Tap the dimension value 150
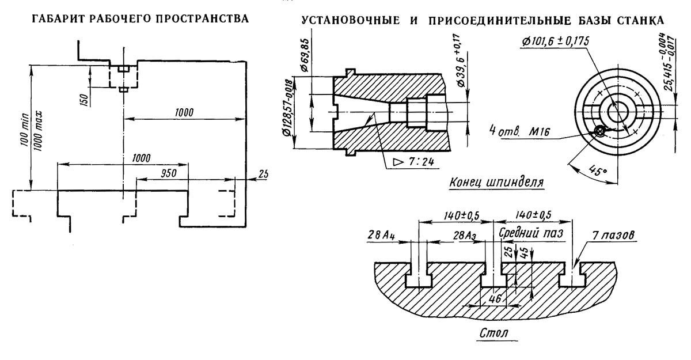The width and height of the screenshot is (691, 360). (x=84, y=99)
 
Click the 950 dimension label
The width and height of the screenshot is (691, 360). (x=168, y=173)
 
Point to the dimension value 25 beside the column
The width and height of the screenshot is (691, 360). (x=263, y=174)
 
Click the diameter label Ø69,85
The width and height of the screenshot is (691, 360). (x=305, y=55)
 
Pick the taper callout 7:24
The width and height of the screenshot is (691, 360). (x=413, y=162)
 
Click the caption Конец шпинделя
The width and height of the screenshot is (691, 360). (x=496, y=183)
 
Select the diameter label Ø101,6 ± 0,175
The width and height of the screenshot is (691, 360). (x=555, y=41)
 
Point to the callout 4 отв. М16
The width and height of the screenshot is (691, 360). (x=520, y=131)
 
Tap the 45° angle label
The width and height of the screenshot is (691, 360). (x=598, y=170)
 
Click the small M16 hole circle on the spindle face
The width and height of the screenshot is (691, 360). (x=599, y=132)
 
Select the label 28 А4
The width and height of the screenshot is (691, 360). (x=381, y=235)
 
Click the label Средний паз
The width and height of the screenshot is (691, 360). (x=531, y=233)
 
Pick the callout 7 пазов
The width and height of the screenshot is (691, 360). (x=613, y=236)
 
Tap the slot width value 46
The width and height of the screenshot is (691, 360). (x=495, y=298)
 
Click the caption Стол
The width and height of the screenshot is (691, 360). (x=494, y=333)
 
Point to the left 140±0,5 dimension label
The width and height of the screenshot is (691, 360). (x=461, y=215)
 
